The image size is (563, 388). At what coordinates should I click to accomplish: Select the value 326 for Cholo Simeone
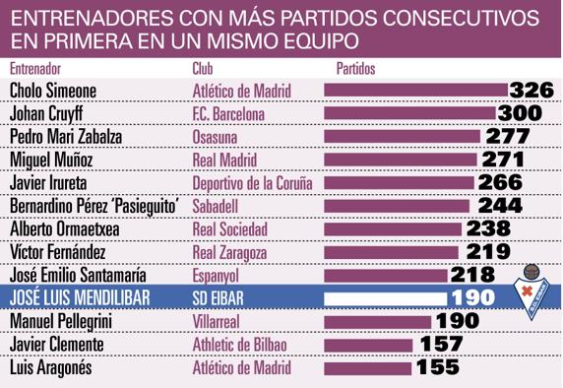pos(532,91)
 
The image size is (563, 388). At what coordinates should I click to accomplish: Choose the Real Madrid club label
pos(222,159)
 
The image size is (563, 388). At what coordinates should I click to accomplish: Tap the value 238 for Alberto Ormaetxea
pos(486,228)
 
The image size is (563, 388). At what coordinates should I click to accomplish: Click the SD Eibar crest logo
pos(532,290)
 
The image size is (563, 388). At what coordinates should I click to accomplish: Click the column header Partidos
pos(356,68)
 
